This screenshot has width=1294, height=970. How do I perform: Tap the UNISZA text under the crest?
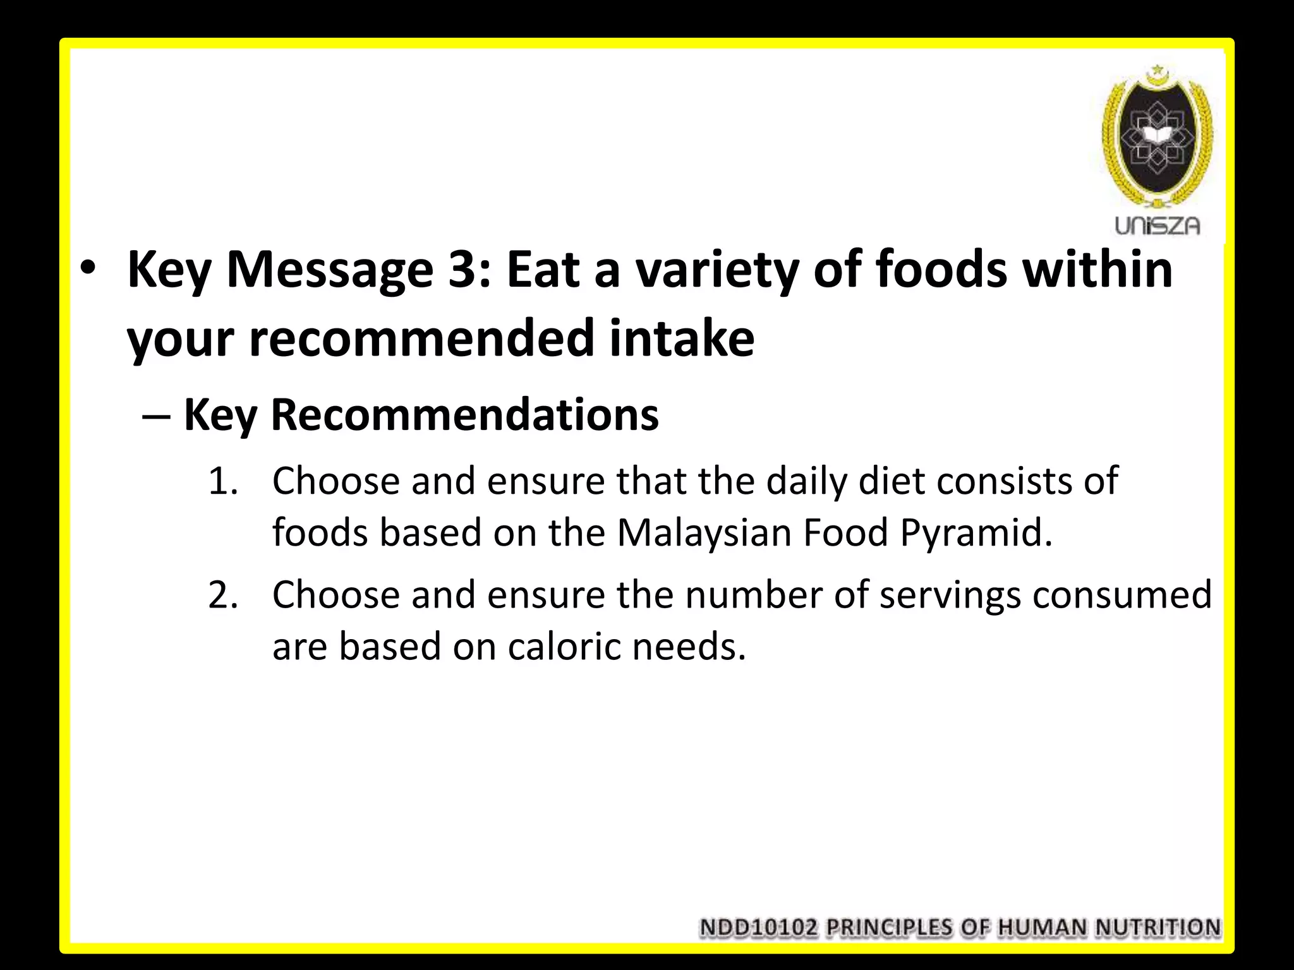(1157, 226)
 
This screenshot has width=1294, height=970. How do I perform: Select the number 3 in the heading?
(467, 270)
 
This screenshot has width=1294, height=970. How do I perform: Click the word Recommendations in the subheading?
(464, 415)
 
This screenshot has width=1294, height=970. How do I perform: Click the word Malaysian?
(704, 532)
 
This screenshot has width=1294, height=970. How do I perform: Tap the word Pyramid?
(976, 532)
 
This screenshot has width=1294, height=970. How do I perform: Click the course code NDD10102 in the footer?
(759, 928)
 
